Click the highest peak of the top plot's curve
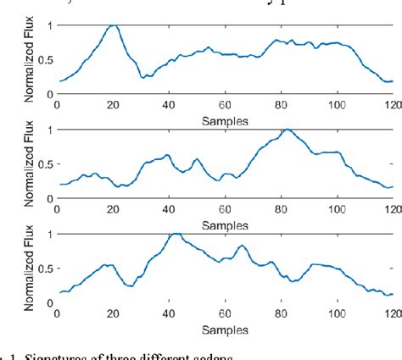tap(113, 25)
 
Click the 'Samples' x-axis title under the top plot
tap(225, 121)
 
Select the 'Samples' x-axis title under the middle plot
tap(225, 225)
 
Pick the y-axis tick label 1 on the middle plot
tap(49, 130)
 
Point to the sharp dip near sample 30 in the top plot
tap(143, 77)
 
